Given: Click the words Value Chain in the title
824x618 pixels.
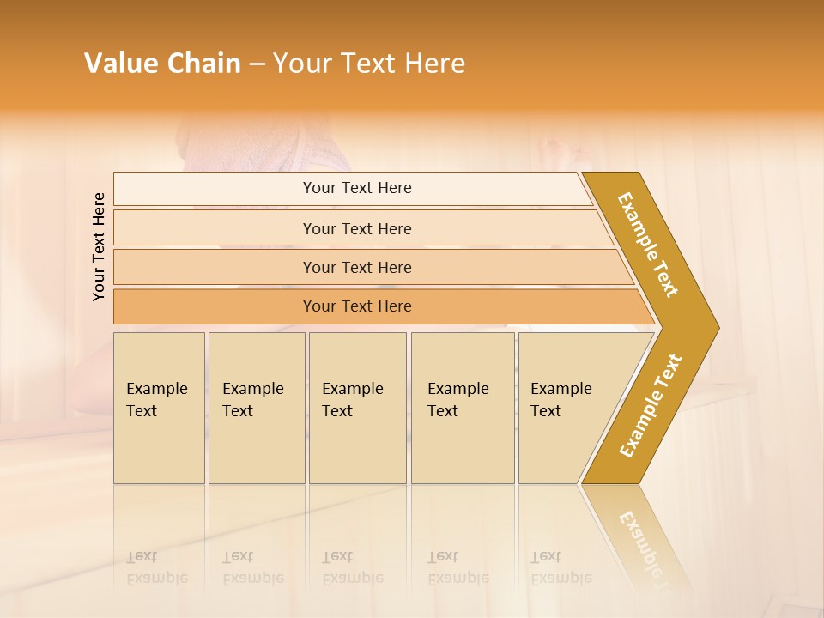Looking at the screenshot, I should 162,64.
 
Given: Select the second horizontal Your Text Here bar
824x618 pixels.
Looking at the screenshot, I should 357,228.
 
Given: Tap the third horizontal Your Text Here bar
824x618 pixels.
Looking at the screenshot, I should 357,267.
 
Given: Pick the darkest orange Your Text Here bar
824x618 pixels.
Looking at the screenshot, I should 357,306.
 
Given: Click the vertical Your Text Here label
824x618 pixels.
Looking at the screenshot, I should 99,246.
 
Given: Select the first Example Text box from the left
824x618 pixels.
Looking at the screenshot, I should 159,408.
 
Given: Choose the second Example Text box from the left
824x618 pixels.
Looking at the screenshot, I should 257,408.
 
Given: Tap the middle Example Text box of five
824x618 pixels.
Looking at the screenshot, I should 357,408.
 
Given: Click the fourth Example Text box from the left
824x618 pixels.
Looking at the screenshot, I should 463,408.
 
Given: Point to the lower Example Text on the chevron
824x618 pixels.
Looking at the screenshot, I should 651,405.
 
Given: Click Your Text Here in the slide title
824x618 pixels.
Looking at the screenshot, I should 369,64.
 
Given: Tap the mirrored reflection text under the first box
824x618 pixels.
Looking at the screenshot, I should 156,567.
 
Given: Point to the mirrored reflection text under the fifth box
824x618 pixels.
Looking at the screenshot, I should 560,567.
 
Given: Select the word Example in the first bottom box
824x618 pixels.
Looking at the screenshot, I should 156,389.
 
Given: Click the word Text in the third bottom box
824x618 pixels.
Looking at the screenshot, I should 337,411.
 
